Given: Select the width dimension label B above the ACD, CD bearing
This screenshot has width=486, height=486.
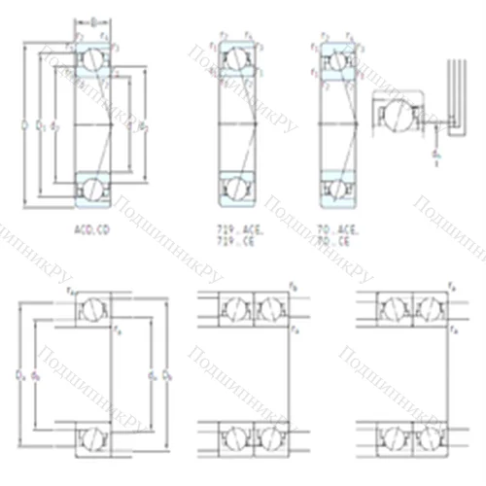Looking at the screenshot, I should click(x=94, y=17).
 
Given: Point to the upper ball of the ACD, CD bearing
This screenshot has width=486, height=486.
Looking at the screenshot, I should click(x=93, y=60).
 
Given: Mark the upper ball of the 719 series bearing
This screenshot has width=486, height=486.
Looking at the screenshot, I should click(x=236, y=60).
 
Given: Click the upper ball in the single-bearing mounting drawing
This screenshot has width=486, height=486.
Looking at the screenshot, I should click(x=90, y=309).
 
